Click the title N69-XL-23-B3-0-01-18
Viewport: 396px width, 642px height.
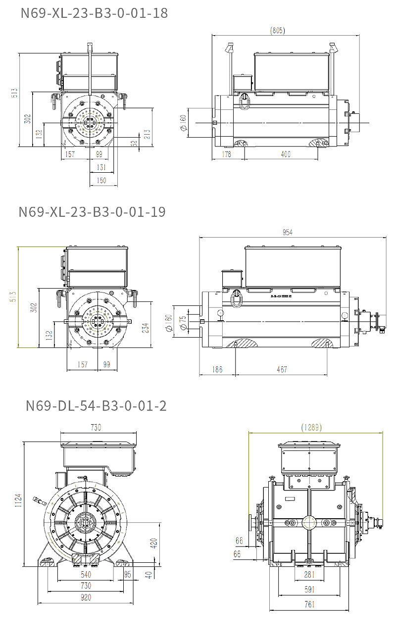click(x=94, y=13)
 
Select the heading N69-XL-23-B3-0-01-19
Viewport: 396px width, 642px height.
click(x=92, y=212)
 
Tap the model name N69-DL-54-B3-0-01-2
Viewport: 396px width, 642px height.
click(x=96, y=406)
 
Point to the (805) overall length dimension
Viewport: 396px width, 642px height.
click(x=278, y=31)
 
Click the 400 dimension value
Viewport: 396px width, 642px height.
click(x=286, y=154)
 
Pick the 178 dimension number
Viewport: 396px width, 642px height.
click(x=227, y=154)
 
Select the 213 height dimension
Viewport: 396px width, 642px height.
click(x=147, y=134)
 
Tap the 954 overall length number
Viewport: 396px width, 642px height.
click(x=287, y=233)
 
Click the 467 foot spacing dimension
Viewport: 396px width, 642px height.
click(x=282, y=369)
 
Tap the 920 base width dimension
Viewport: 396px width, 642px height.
click(x=85, y=597)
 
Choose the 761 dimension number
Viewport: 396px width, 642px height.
click(x=309, y=604)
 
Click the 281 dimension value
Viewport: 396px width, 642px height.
click(x=309, y=574)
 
